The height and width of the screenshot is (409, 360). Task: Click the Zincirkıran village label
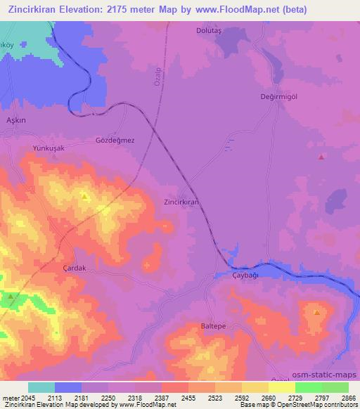click(181, 201)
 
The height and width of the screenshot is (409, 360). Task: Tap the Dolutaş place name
click(210, 31)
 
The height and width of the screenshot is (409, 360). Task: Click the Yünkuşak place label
click(49, 148)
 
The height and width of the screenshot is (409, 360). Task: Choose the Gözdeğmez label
click(115, 140)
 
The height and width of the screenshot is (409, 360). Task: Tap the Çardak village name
click(74, 268)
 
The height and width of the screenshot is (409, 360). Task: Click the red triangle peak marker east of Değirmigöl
click(321, 157)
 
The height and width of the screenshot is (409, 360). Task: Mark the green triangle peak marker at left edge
click(11, 297)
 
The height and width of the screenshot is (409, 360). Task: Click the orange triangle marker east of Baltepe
click(317, 312)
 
